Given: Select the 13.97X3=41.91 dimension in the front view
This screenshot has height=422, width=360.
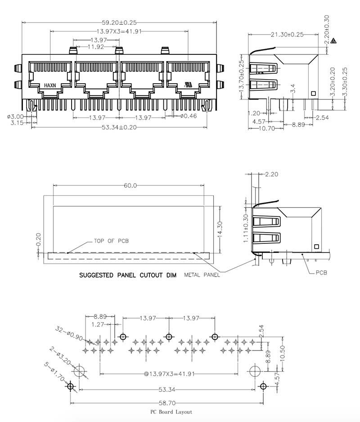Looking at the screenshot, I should [119, 31].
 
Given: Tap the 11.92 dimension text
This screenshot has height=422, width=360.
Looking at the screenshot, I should [96, 46].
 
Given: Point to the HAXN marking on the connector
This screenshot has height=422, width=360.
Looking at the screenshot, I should [50, 85].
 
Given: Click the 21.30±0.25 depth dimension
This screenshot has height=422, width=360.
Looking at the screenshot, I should [287, 34].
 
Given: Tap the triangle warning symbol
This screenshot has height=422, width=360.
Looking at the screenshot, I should [333, 41].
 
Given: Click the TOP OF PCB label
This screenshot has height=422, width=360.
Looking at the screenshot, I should [111, 241].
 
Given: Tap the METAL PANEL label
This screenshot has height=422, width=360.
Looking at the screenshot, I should [202, 275].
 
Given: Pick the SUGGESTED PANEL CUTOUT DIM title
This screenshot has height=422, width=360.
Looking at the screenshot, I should [127, 274].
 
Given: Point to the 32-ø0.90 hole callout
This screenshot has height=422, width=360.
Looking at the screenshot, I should [70, 335].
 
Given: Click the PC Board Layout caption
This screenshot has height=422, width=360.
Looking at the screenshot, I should [171, 412].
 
